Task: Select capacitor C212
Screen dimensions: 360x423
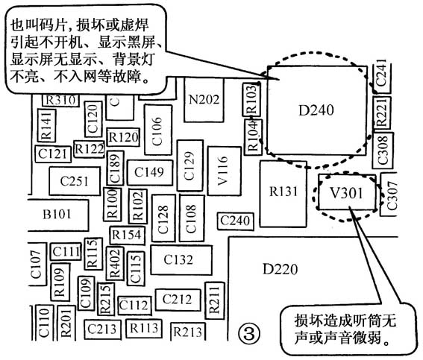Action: [x=178, y=300]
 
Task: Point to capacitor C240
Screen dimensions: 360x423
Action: [x=236, y=221]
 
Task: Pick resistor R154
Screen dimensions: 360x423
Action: [x=127, y=235]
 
